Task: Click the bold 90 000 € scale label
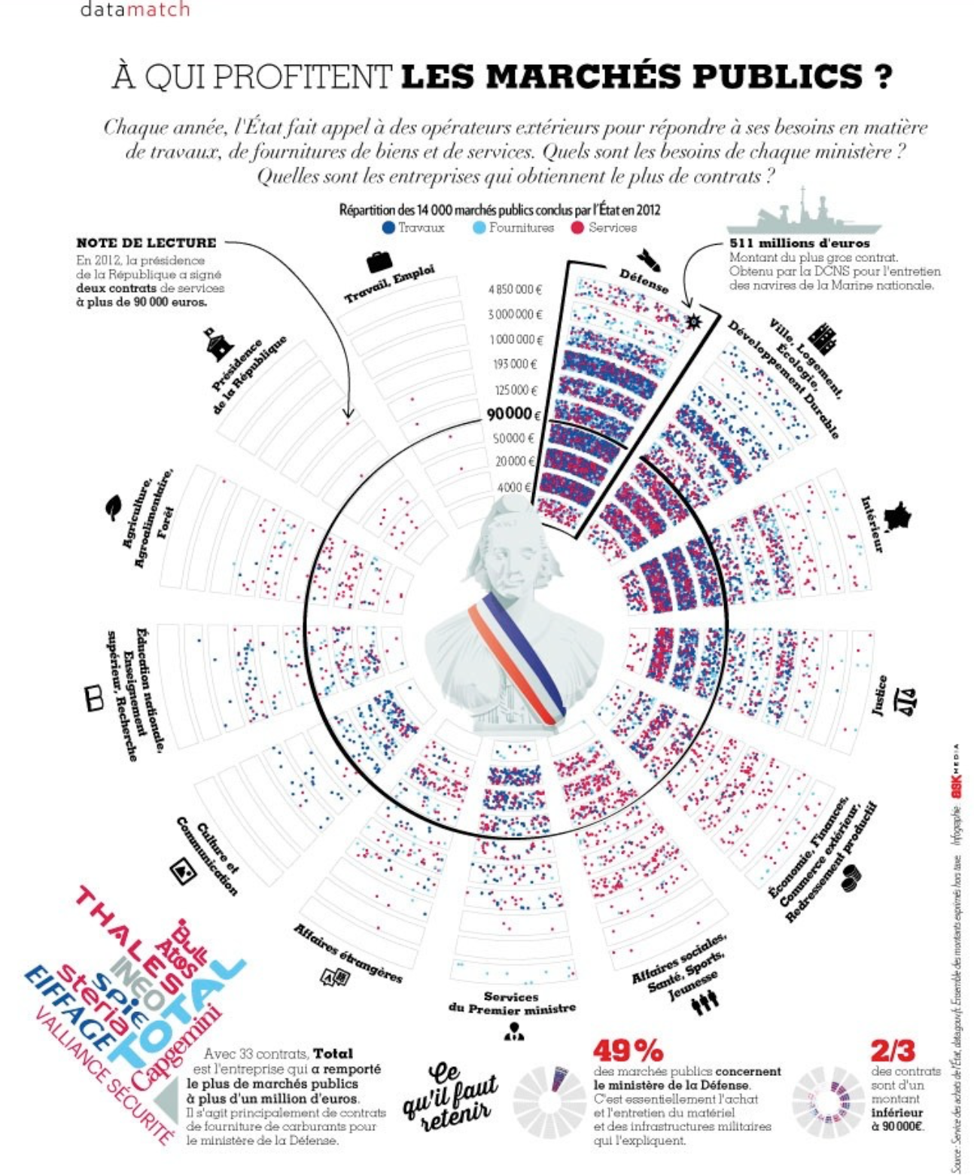[x=513, y=414]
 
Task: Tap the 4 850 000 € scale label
[x=516, y=289]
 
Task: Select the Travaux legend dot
[x=388, y=227]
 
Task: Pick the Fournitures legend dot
[x=479, y=227]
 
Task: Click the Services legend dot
[x=577, y=227]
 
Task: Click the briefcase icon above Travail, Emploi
[x=379, y=261]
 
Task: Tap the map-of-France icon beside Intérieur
[x=898, y=517]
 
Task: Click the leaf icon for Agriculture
[x=113, y=507]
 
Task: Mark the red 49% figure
[x=628, y=1050]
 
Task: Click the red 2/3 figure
[x=893, y=1050]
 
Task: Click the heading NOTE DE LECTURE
[x=146, y=242]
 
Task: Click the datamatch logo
[x=135, y=10]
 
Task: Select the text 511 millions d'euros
[x=799, y=243]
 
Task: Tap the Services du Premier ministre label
[x=512, y=1002]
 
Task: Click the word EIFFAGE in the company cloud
[x=70, y=1009]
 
